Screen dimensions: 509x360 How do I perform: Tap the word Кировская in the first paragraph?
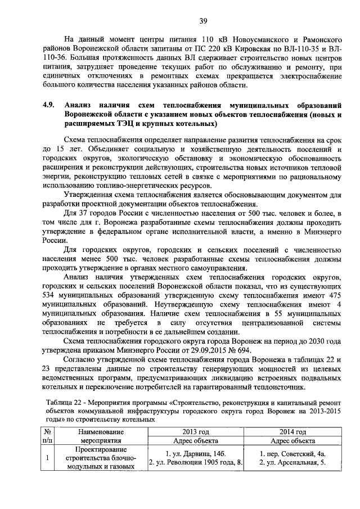coord(247,49)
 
